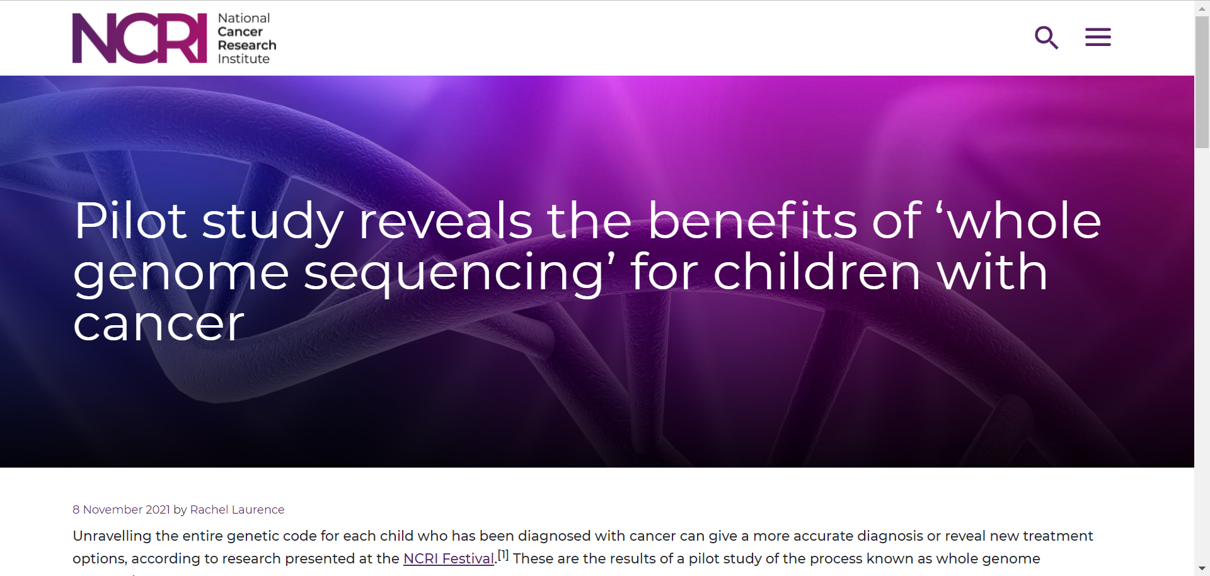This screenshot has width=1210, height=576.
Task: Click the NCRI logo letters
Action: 139,38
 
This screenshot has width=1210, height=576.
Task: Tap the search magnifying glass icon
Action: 1046,37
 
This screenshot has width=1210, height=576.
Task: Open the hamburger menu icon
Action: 1098,37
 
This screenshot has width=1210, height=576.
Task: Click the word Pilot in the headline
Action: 130,221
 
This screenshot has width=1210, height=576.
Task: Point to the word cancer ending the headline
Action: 158,325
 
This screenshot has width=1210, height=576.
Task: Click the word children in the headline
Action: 817,272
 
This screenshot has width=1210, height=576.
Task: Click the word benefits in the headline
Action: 752,221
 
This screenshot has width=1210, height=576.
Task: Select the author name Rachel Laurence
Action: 237,509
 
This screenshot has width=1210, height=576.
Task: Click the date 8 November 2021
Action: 121,509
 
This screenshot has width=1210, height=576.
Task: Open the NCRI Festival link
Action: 449,558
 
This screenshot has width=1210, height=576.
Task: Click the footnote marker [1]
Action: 503,555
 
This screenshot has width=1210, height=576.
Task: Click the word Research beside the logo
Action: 247,45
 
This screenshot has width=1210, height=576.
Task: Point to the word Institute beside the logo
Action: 244,59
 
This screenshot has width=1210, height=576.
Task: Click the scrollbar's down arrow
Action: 1202,568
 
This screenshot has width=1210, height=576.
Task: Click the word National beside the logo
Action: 244,18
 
